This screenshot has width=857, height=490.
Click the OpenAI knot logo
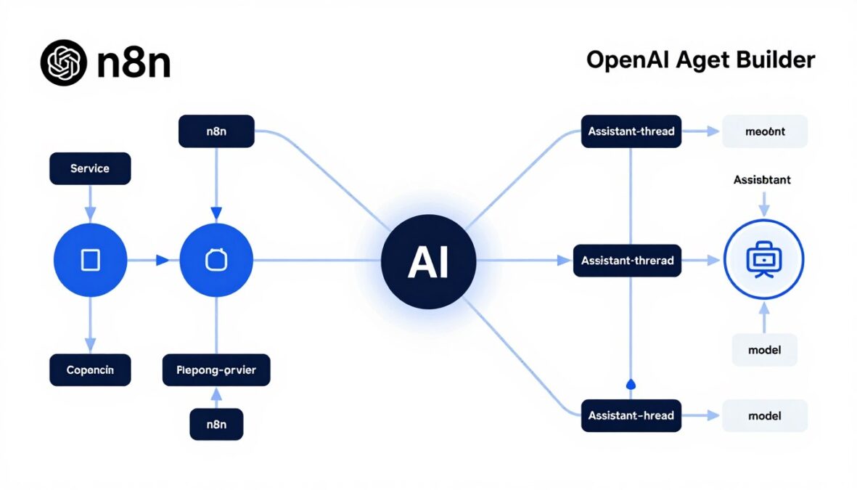click(x=64, y=63)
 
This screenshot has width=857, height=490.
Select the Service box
click(x=90, y=168)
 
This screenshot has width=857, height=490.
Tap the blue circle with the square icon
click(x=90, y=260)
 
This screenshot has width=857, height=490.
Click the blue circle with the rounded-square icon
click(x=216, y=260)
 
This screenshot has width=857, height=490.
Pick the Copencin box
click(x=90, y=369)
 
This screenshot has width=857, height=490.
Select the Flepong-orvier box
click(x=216, y=369)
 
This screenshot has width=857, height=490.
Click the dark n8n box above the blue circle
click(x=216, y=132)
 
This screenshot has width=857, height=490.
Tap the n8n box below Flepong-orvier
click(x=216, y=424)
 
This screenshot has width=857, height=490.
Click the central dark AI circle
click(x=428, y=261)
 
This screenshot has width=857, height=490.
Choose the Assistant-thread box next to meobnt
click(x=631, y=132)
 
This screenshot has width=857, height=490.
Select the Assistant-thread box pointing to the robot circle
click(x=628, y=260)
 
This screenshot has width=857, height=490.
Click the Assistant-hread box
click(x=631, y=416)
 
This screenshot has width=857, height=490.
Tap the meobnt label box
click(x=764, y=132)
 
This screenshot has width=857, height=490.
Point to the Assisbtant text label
click(x=762, y=180)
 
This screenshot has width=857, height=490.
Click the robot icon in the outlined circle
click(x=764, y=259)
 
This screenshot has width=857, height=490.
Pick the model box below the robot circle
click(x=764, y=350)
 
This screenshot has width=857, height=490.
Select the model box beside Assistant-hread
click(x=764, y=416)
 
